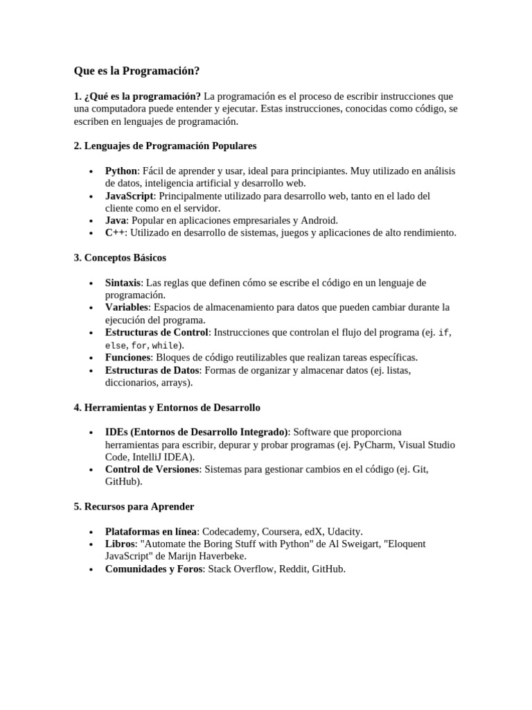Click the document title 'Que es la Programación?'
coord(136,71)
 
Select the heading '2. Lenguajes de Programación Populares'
coord(165,146)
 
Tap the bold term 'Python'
coord(121,171)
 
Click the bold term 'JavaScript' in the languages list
coord(129,196)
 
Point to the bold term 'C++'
coord(114,233)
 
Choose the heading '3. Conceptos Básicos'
coord(120,257)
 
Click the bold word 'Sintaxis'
coord(123,283)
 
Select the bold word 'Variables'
coord(127,307)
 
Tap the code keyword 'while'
coord(165,345)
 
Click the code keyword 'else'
coord(115,345)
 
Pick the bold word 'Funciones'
coord(128,357)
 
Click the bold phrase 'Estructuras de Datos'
coord(152,370)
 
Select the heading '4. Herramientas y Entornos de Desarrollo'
coord(167,407)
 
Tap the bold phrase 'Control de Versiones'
coord(152,469)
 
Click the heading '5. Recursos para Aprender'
coord(134,506)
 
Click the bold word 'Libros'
coord(120,544)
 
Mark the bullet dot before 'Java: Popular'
coord(91,220)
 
